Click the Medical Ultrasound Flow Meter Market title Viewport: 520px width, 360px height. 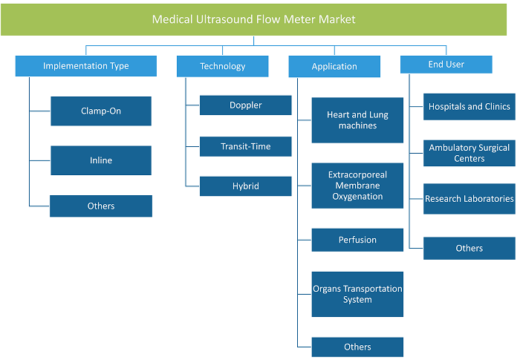pos(254,19)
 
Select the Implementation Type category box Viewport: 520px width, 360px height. pos(86,66)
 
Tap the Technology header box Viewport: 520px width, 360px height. pos(223,66)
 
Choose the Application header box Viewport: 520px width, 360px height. pos(334,67)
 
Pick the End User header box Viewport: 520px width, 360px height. pos(446,65)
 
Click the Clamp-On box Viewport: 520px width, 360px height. pos(101,111)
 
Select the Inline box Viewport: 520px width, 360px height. pos(101,160)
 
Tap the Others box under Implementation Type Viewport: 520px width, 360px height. pos(101,206)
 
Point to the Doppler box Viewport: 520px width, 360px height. pos(246,105)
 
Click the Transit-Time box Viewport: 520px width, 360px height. pos(246,146)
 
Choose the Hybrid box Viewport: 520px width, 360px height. pos(246,186)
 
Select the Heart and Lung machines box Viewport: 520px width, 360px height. pos(357,120)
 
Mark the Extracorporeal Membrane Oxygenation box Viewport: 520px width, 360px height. pos(357,186)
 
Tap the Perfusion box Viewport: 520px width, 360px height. pos(357,240)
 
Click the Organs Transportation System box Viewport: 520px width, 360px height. pos(357,295)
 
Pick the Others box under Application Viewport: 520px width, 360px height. pos(357,347)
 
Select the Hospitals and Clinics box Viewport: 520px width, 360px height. pos(469,107)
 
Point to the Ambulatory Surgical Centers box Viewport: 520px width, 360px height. pos(469,153)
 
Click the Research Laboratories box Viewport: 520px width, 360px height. pos(469,199)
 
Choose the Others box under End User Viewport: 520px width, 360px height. pos(469,248)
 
